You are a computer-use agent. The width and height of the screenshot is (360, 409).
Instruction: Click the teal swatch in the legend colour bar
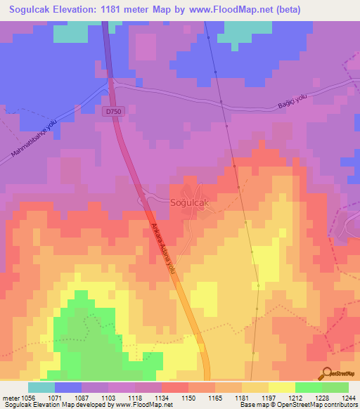click(41, 387)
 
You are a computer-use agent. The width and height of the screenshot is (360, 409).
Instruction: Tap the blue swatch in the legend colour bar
click(68, 387)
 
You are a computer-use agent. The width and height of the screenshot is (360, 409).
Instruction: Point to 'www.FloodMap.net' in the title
click(219, 10)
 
